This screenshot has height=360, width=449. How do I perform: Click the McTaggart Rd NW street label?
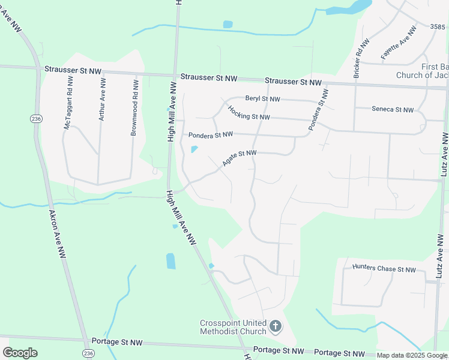[x=68, y=102]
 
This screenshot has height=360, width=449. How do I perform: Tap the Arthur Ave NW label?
[x=103, y=99]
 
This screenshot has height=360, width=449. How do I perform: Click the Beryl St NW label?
[x=263, y=99]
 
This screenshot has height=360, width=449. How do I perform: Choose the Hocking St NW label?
[x=249, y=113]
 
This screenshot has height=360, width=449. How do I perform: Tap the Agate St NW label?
[x=239, y=158]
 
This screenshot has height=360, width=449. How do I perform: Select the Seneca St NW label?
[x=393, y=109]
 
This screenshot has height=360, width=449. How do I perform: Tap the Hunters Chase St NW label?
[x=384, y=269]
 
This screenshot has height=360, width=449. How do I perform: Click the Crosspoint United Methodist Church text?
[x=233, y=327]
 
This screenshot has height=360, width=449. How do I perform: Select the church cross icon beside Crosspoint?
[x=276, y=326]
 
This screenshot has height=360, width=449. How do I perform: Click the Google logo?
[x=20, y=352]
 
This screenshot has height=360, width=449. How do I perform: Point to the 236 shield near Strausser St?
[x=37, y=119]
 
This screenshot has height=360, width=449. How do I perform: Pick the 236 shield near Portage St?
[x=88, y=353]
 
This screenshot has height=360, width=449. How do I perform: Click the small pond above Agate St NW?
[x=194, y=149]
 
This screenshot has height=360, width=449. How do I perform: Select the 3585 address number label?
[x=438, y=26]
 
